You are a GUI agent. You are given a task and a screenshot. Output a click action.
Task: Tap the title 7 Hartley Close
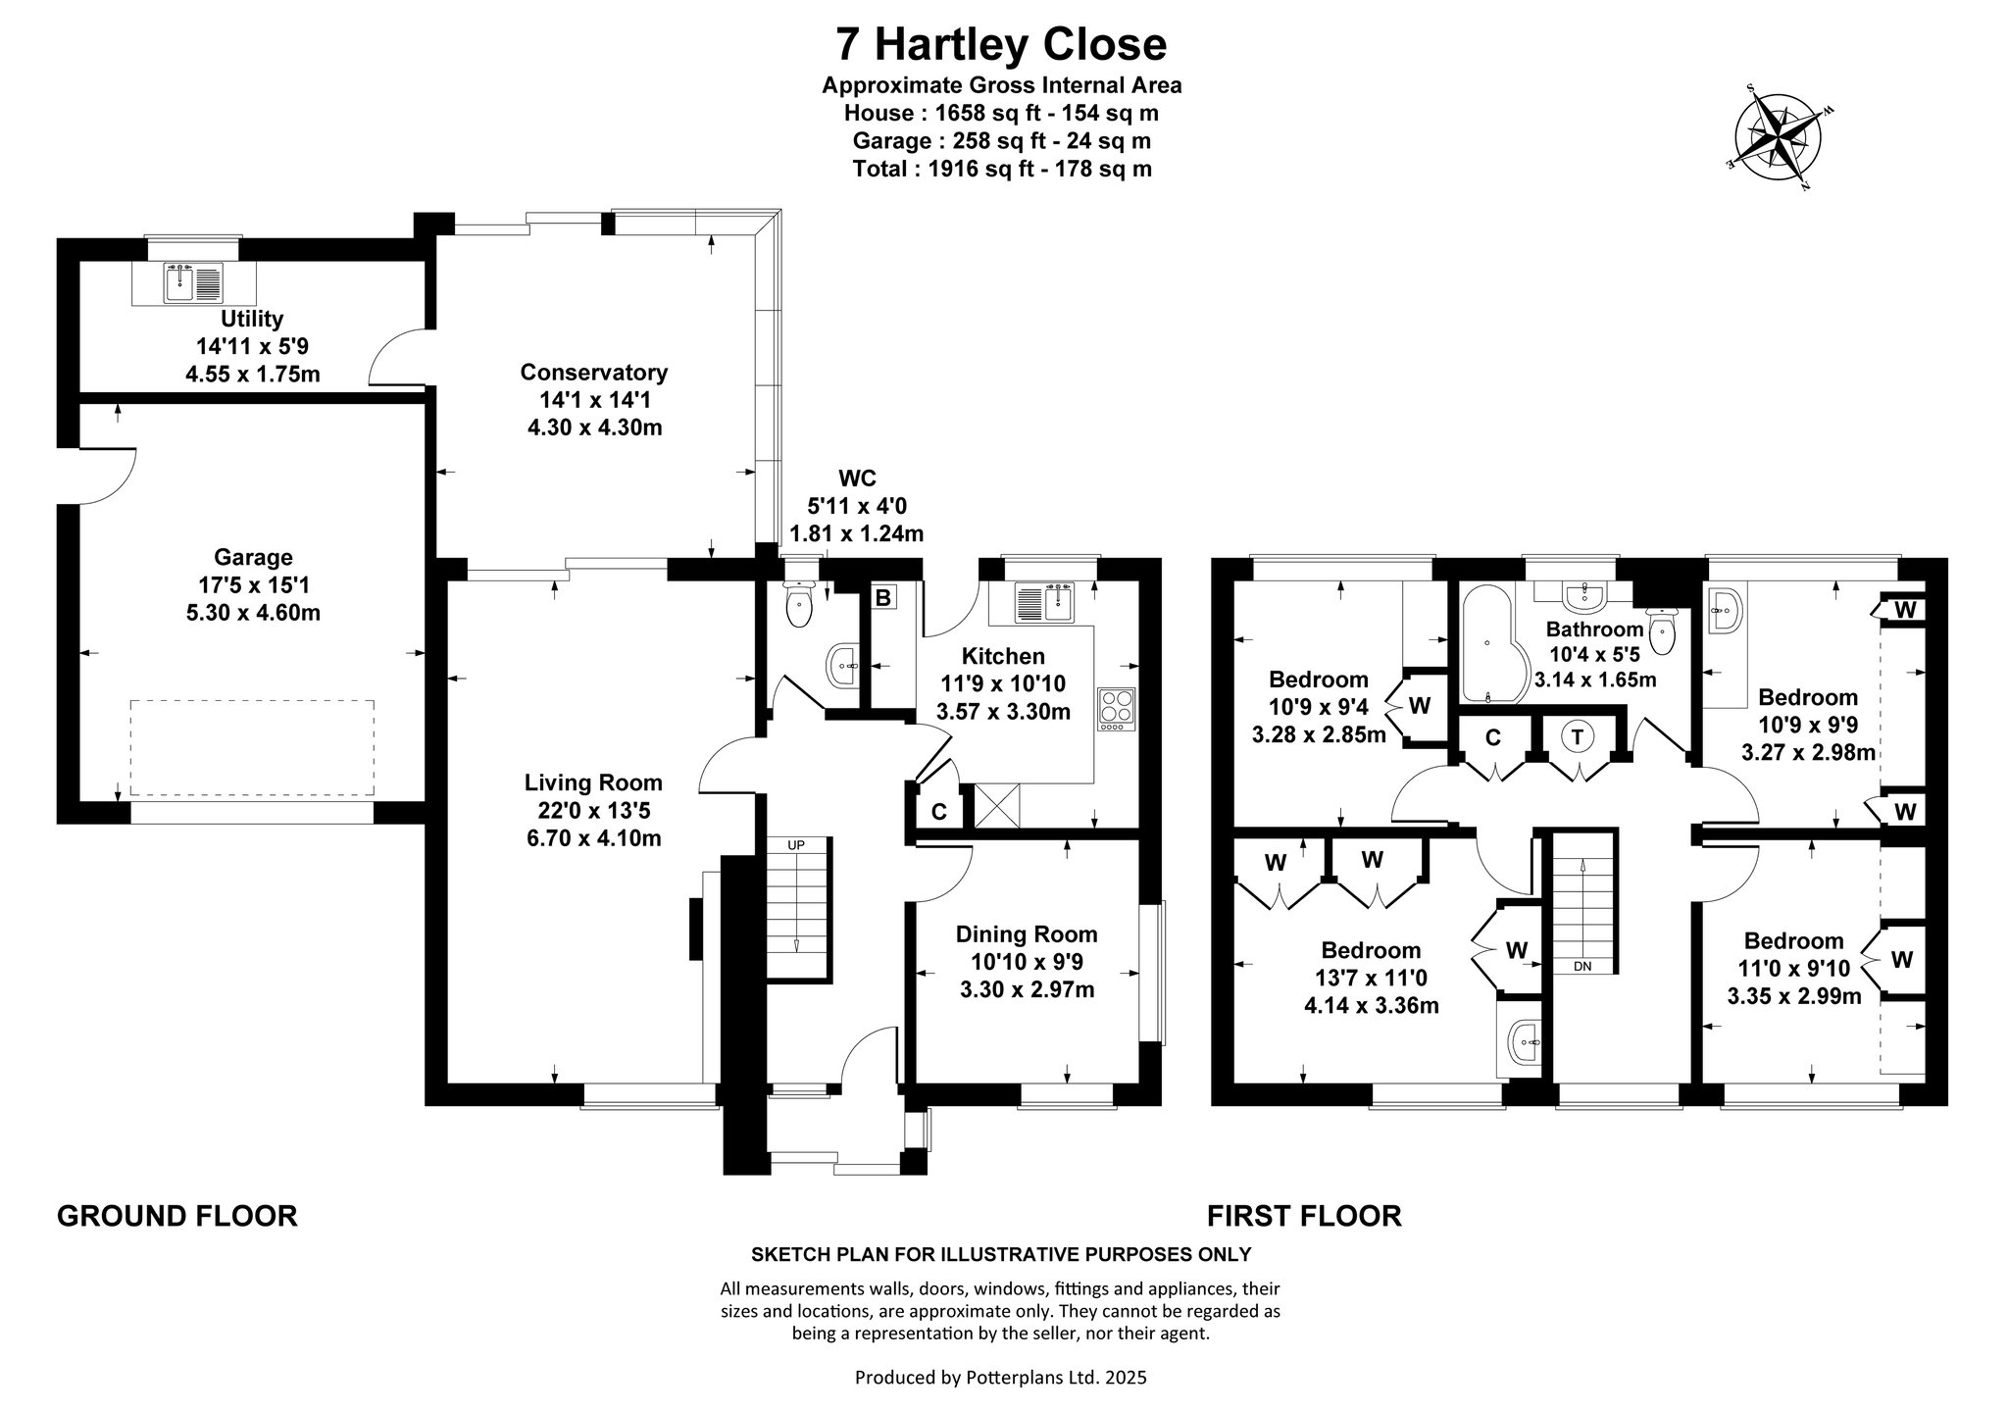1001,44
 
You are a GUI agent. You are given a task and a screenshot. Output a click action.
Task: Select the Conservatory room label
593,373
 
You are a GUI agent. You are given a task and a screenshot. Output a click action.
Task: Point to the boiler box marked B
883,597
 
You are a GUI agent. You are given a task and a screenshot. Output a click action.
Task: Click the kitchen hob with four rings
1115,707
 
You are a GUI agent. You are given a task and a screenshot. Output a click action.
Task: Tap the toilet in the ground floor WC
801,602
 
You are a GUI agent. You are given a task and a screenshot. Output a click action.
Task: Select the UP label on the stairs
796,844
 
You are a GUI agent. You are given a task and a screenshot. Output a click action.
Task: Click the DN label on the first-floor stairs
1581,966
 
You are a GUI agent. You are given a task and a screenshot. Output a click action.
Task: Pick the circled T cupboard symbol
1578,737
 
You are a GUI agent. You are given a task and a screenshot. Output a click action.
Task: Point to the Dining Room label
1027,934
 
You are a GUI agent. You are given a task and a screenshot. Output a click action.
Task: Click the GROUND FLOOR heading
177,1216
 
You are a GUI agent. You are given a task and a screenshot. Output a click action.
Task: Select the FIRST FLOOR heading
1304,1216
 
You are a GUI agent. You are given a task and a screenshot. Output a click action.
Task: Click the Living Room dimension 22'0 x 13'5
593,810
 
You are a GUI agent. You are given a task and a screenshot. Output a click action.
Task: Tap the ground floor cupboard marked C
938,812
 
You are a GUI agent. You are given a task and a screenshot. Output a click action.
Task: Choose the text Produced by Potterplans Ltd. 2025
1001,1377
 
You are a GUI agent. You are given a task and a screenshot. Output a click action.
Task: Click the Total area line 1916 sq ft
1002,169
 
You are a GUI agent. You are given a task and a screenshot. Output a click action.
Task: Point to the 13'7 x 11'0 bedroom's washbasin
1525,1043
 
